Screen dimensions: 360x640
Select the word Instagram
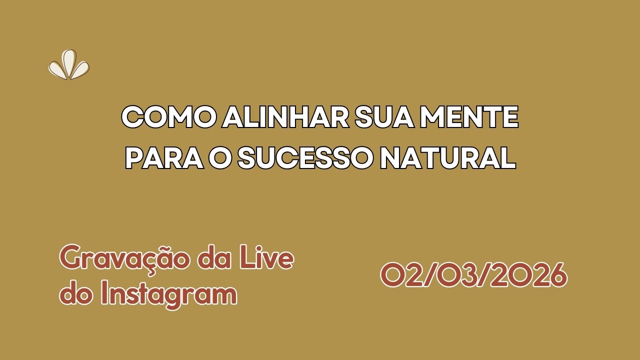[168, 294]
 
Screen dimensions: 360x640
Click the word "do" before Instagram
[75, 294]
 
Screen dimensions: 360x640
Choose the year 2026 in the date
[529, 275]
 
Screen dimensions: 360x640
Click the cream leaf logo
[69, 65]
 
